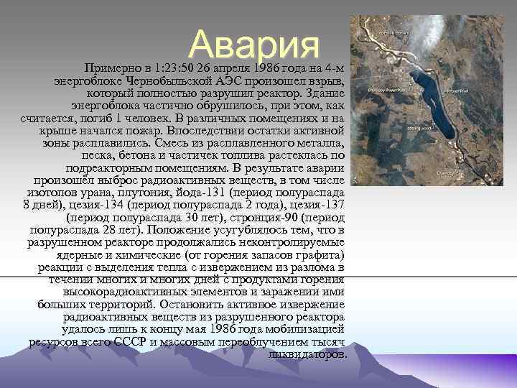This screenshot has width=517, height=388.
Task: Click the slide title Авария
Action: click(255, 45)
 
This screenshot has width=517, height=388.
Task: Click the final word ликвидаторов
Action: click(307, 355)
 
